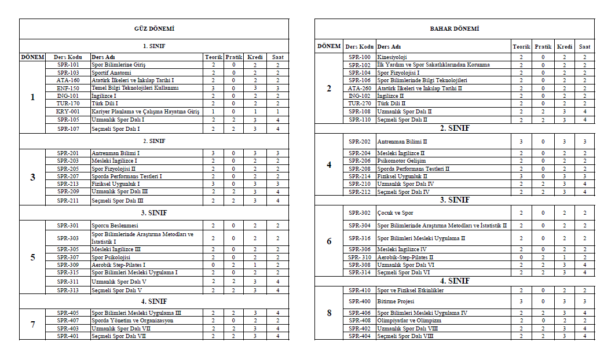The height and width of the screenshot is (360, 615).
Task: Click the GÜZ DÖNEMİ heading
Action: (154, 28)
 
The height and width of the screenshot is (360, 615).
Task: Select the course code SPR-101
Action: (68, 65)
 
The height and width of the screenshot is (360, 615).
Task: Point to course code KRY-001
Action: (68, 111)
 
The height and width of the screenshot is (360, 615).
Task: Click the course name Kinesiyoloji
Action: (392, 57)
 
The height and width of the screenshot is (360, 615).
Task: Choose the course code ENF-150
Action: (68, 88)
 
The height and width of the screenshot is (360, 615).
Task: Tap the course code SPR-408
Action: (359, 320)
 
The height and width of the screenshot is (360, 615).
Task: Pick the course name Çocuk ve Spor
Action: (395, 213)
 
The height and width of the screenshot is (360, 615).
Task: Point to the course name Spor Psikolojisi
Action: (111, 257)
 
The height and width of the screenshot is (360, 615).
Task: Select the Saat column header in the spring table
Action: (585, 46)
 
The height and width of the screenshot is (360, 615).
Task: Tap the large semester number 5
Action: (32, 257)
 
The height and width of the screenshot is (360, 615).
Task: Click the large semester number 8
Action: (329, 313)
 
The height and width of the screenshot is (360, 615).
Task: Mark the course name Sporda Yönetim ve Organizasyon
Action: (132, 320)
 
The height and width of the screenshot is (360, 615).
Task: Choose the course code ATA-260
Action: (359, 88)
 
